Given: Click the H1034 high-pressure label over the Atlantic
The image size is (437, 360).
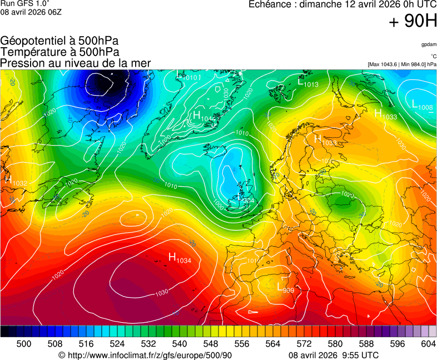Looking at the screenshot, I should (x=180, y=258).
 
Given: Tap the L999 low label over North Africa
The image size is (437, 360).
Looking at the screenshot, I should (x=285, y=288).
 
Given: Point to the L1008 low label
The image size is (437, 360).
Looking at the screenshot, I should (x=422, y=104).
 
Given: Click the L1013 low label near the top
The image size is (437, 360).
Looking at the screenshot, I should (x=308, y=82).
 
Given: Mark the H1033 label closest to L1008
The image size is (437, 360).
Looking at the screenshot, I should (x=385, y=114).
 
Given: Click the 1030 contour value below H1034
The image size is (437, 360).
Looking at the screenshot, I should (x=161, y=292).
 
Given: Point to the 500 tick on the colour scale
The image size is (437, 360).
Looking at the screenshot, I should (x=24, y=344).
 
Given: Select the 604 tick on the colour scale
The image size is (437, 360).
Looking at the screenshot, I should (x=428, y=344).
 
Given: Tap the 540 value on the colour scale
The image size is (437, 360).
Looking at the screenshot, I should (x=180, y=344).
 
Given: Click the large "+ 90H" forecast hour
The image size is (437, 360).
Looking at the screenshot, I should (x=413, y=22).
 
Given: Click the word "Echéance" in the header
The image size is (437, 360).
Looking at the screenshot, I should (x=269, y=4).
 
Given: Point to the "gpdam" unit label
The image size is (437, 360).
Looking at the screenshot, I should (x=428, y=44).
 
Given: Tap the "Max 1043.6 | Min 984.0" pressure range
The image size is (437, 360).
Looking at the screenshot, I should (x=402, y=64).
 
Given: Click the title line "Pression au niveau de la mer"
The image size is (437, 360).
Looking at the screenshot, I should (x=76, y=63).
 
